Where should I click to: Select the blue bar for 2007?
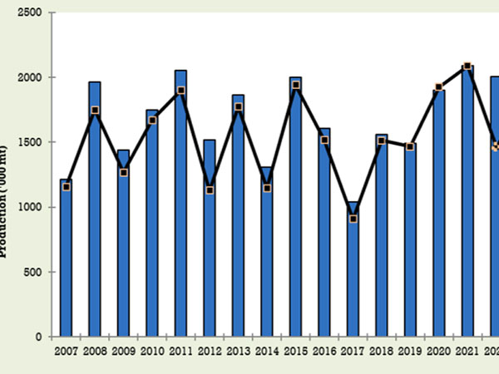click(x=66, y=258)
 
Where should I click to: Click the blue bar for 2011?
click(x=180, y=204)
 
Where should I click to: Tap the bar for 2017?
click(x=353, y=270)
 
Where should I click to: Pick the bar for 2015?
click(x=295, y=208)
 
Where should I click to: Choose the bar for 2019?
click(x=410, y=241)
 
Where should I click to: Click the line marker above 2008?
click(x=95, y=111)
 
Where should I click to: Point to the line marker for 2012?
click(x=210, y=190)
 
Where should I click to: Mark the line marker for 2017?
click(x=353, y=219)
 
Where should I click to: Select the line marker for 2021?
click(x=467, y=66)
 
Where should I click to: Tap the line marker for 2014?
click(x=267, y=188)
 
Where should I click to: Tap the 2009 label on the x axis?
click(x=123, y=352)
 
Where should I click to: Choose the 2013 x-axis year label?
click(x=238, y=352)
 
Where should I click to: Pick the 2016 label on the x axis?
click(x=324, y=352)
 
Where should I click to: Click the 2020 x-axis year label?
click(x=438, y=352)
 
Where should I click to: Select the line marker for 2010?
click(x=152, y=121)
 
